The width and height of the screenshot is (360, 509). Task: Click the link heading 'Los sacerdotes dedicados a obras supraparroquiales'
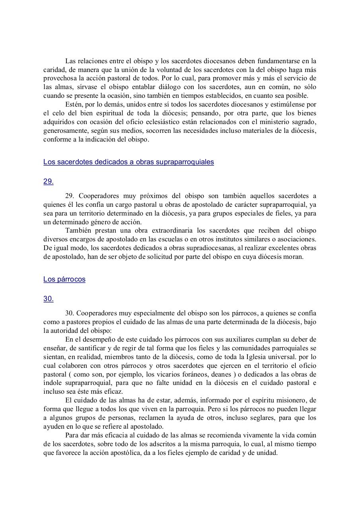point(128,162)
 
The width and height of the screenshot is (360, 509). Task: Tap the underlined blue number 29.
point(48,181)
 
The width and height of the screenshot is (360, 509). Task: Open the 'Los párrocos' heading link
point(64,279)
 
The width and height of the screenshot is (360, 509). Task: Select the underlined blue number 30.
point(48,299)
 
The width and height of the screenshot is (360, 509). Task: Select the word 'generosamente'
point(64,131)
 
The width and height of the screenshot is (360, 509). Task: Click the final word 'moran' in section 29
point(294,257)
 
